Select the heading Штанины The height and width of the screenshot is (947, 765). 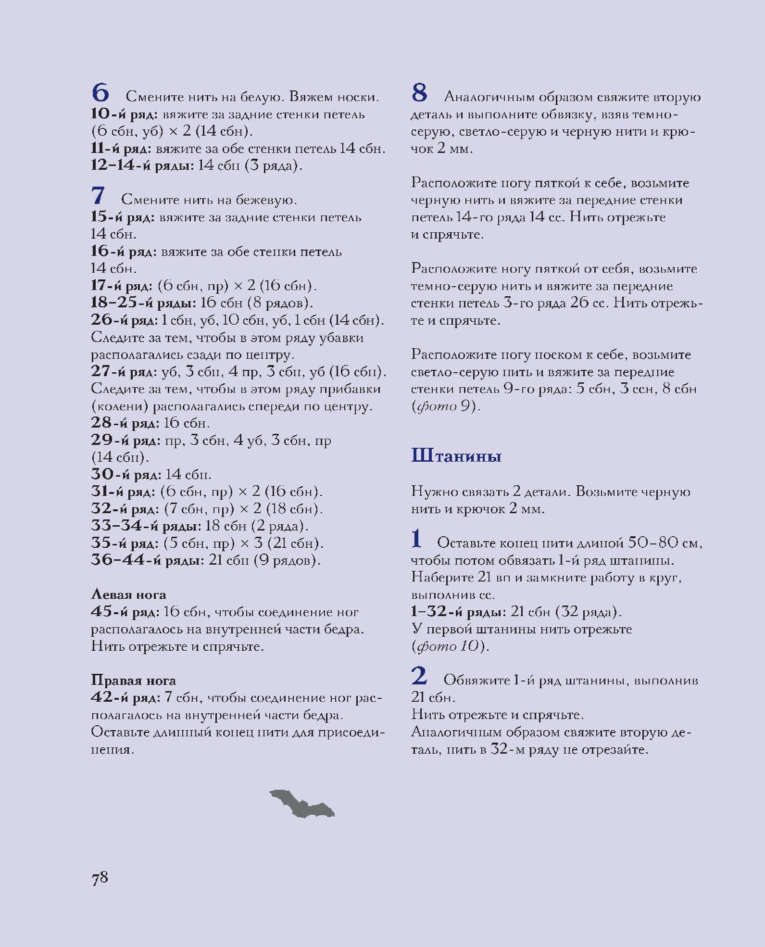pyautogui.click(x=456, y=455)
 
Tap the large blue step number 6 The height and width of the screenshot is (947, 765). pyautogui.click(x=100, y=93)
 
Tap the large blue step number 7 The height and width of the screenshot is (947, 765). pyautogui.click(x=98, y=196)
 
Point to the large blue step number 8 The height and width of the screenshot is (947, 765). pyautogui.click(x=420, y=93)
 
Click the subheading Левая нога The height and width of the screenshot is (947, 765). pyautogui.click(x=128, y=594)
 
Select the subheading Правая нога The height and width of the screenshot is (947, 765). pyautogui.click(x=133, y=680)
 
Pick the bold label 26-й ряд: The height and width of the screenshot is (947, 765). pyautogui.click(x=124, y=320)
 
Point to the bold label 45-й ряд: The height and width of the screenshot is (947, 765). pyautogui.click(x=125, y=612)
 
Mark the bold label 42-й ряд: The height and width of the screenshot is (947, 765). pyautogui.click(x=125, y=697)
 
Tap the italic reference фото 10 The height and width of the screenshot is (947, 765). pyautogui.click(x=450, y=646)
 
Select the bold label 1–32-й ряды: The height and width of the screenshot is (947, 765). pyautogui.click(x=458, y=612)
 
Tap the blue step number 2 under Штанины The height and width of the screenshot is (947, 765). pyautogui.click(x=419, y=676)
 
